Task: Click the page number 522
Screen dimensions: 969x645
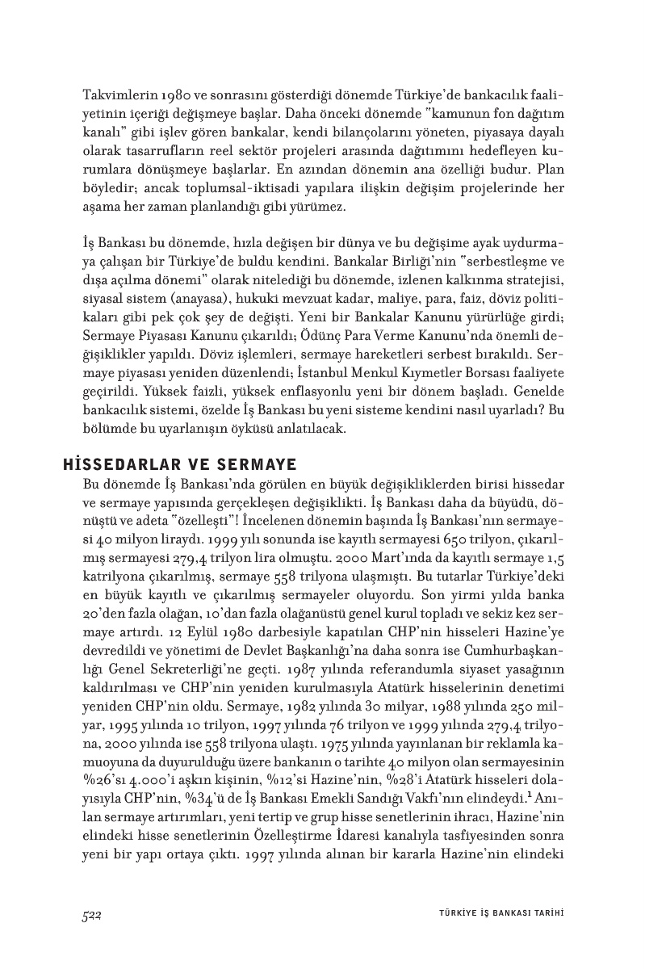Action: pyautogui.click(x=90, y=914)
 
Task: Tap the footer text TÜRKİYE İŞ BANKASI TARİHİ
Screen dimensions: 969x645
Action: pyautogui.click(x=495, y=914)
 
